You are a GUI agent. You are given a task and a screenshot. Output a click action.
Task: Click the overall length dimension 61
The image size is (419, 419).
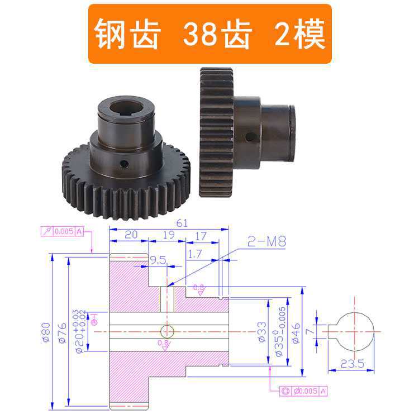[182, 223]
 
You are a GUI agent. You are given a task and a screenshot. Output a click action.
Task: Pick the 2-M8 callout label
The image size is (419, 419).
[266, 242]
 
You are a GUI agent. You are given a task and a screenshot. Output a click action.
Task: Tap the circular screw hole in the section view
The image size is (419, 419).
[167, 331]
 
